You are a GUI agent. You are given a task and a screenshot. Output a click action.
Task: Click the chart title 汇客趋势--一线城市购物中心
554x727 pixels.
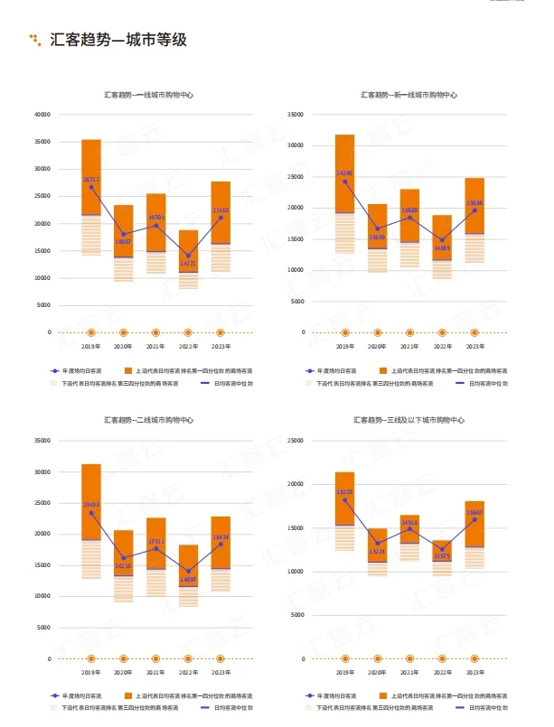(148, 95)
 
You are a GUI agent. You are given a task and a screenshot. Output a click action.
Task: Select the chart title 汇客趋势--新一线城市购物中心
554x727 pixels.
(408, 95)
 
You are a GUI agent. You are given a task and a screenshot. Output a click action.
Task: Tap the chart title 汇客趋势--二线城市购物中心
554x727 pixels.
(148, 420)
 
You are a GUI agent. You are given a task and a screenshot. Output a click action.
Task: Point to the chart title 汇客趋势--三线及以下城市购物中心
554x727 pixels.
(408, 420)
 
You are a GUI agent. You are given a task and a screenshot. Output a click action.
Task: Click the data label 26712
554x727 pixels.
(91, 180)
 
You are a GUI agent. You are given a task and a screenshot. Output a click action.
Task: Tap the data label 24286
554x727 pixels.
(344, 173)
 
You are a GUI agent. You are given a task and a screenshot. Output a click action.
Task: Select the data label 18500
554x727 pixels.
(409, 210)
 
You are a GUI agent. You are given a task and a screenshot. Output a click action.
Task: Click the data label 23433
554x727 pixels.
(91, 505)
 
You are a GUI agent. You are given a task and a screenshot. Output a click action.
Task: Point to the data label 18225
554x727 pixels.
(344, 492)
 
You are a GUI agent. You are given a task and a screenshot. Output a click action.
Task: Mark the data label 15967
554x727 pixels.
(474, 513)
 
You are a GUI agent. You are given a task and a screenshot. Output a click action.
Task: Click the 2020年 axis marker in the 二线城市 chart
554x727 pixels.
(124, 658)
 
